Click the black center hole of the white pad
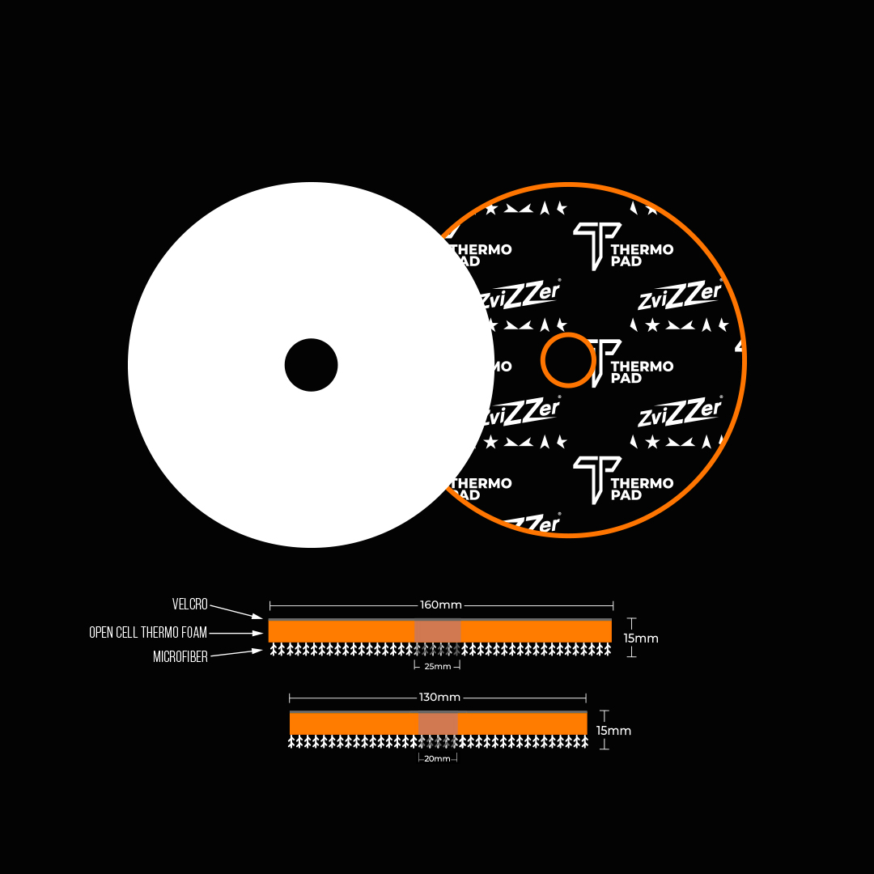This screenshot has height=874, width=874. click(x=311, y=365)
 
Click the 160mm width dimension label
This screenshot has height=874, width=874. click(x=440, y=605)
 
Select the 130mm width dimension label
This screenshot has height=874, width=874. click(x=439, y=698)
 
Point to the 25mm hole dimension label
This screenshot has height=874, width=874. click(x=437, y=667)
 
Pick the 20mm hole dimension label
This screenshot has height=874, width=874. click(x=437, y=759)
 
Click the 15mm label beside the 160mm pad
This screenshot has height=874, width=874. click(x=641, y=639)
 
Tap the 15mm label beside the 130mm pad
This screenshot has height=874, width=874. click(x=613, y=731)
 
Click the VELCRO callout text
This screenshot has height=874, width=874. click(x=190, y=605)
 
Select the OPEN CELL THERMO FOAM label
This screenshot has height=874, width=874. click(x=148, y=633)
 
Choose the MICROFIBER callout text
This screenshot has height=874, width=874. click(x=180, y=657)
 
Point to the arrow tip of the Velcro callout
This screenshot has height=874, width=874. click(x=261, y=618)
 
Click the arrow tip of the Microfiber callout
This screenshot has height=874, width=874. click(x=261, y=650)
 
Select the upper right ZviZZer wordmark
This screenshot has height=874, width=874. click(x=680, y=296)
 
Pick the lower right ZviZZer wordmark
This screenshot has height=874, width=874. click(x=680, y=413)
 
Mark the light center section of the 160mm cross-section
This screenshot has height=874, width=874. click(x=437, y=631)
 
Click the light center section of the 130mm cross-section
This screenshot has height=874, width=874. click(x=438, y=723)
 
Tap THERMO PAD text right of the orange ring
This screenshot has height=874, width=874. click(x=642, y=372)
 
